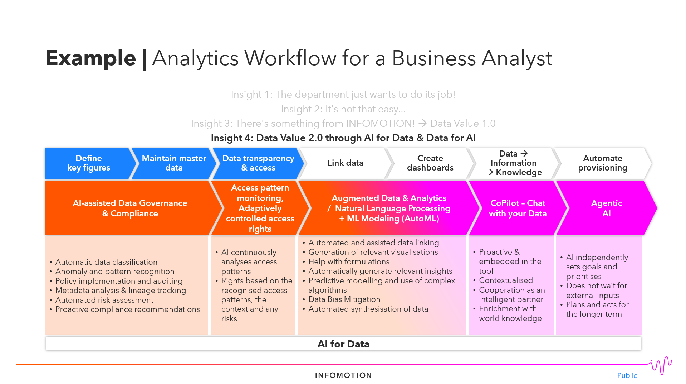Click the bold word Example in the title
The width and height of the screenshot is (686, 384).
91,58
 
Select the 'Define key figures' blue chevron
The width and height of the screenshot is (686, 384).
89,163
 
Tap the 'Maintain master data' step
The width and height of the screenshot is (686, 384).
174,163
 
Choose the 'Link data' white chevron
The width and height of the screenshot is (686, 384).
345,163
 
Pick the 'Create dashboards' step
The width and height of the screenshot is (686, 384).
430,163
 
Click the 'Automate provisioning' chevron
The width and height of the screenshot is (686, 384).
602,163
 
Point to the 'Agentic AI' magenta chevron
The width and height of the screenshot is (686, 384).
606,208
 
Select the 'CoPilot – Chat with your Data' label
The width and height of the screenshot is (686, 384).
518,208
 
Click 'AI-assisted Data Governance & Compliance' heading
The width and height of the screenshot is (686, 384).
130,208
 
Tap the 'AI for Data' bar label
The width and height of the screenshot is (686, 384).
343,344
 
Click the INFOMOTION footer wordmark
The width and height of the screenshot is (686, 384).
343,375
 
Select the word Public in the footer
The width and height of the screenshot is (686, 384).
627,375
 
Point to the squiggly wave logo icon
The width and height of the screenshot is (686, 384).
661,365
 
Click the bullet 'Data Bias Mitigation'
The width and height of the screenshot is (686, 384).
344,299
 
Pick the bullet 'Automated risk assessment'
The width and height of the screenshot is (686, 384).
104,300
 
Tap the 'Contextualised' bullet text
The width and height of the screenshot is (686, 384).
506,280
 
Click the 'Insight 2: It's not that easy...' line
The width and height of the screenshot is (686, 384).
343,109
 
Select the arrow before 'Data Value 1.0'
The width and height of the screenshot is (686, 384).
423,123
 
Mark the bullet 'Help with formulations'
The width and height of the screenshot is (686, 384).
349,262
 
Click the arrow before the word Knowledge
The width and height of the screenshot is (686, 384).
489,172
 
